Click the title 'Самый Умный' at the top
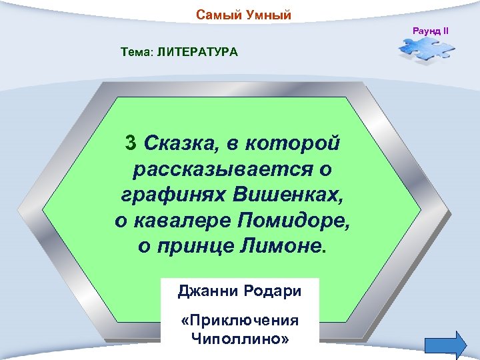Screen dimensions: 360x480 pos(243,15)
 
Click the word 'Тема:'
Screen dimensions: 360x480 pos(137,52)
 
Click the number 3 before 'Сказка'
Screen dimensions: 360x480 pos(131,143)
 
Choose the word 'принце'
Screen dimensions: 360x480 pos(193,247)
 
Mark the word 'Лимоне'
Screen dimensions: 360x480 pos(280,247)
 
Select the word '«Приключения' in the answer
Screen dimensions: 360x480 pos(240,321)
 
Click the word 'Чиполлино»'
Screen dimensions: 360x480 pos(240,338)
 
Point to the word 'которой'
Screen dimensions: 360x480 pos(293,143)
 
